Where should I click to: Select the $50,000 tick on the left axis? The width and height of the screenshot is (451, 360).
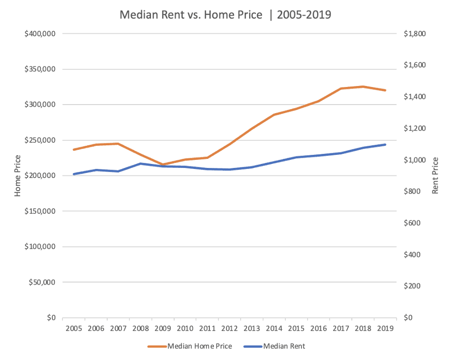[x=41, y=282]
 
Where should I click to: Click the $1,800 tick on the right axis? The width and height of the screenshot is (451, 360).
[x=415, y=34]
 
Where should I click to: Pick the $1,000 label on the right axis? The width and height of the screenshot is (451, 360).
[x=415, y=160]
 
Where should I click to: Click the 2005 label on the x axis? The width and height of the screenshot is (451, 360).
[x=73, y=328]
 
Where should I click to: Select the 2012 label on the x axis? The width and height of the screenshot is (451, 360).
[x=229, y=328]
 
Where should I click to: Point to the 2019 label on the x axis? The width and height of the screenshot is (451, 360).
[x=385, y=328]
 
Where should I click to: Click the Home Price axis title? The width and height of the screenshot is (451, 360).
[x=18, y=175]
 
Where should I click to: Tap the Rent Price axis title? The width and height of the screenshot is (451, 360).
[x=435, y=175]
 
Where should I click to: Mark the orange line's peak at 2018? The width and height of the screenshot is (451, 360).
[x=363, y=86]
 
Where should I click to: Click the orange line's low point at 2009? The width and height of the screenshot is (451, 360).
[x=163, y=164]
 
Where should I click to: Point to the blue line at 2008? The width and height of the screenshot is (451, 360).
[x=140, y=163]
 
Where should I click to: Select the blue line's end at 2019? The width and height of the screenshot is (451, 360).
[x=385, y=145]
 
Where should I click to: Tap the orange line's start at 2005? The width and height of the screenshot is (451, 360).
[x=73, y=150]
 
